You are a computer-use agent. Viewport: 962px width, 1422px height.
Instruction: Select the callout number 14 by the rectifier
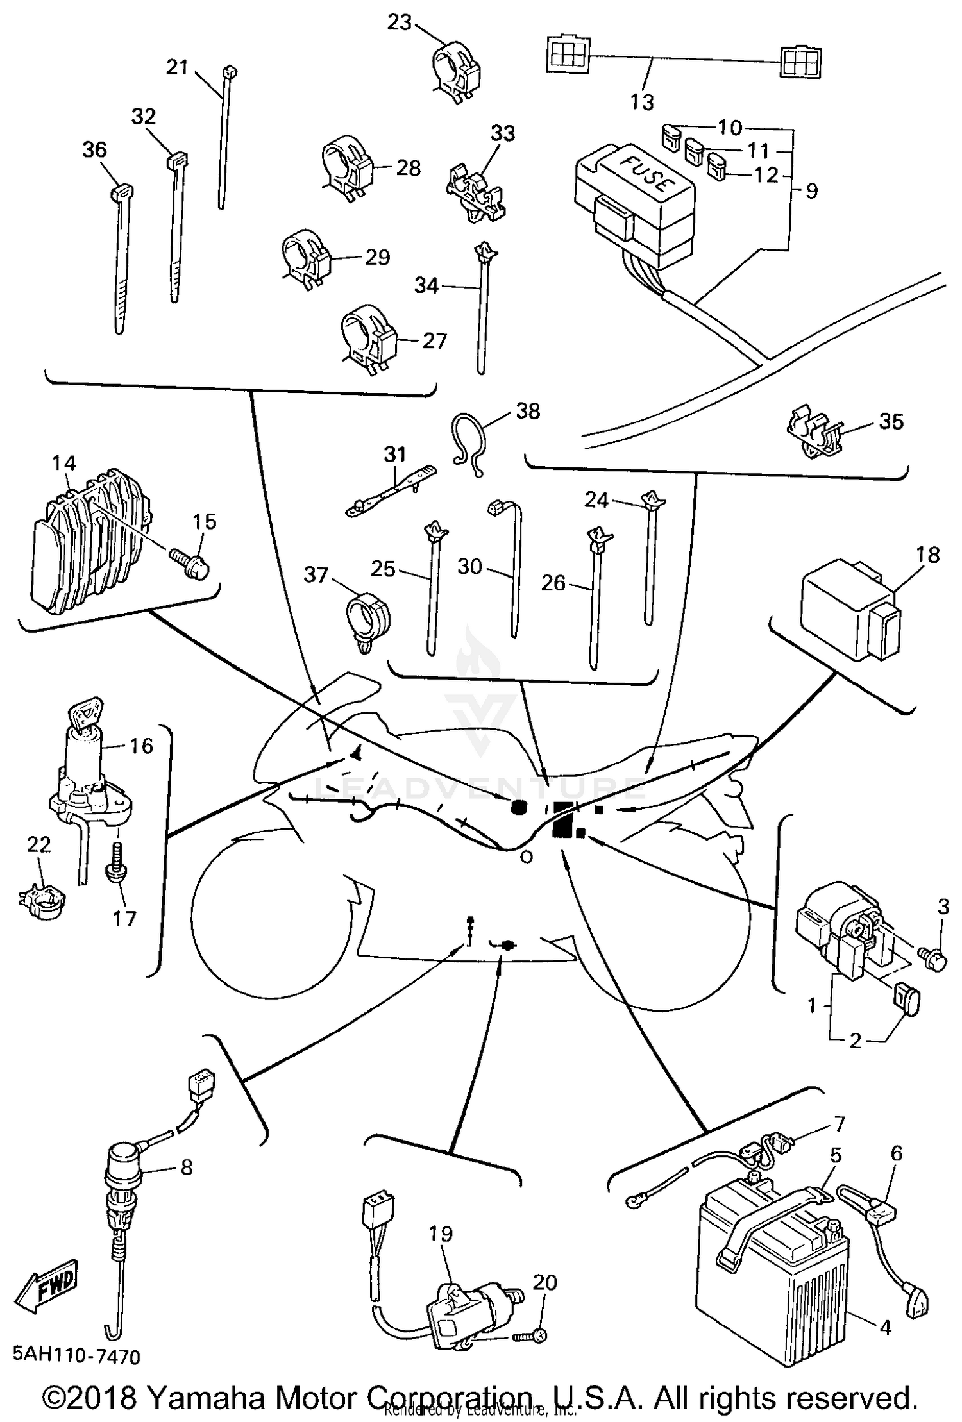pos(64,463)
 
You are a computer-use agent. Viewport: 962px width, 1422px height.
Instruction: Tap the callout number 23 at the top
pos(399,22)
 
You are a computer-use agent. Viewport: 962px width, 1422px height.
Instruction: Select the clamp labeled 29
pos(306,259)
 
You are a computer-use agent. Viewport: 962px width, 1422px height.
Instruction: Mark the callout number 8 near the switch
pos(186,1167)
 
